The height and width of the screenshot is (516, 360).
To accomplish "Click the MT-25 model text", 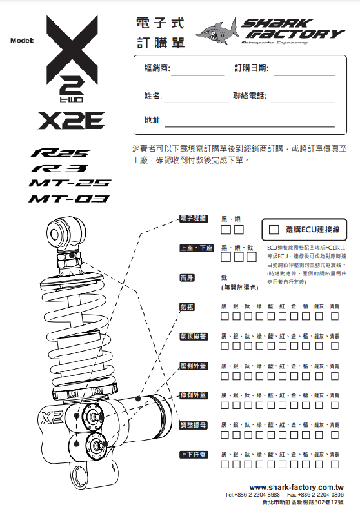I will pyautogui.click(x=70, y=184).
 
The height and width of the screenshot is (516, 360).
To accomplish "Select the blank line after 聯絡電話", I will pyautogui.click(x=303, y=95).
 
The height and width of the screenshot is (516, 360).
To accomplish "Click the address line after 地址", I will pyautogui.click(x=249, y=121).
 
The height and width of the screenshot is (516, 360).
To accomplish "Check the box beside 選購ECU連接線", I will pyautogui.click(x=274, y=229).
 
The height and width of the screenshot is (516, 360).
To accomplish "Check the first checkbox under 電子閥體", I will pyautogui.click(x=226, y=229).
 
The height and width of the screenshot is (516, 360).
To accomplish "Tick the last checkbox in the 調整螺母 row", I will pyautogui.click(x=335, y=435).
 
